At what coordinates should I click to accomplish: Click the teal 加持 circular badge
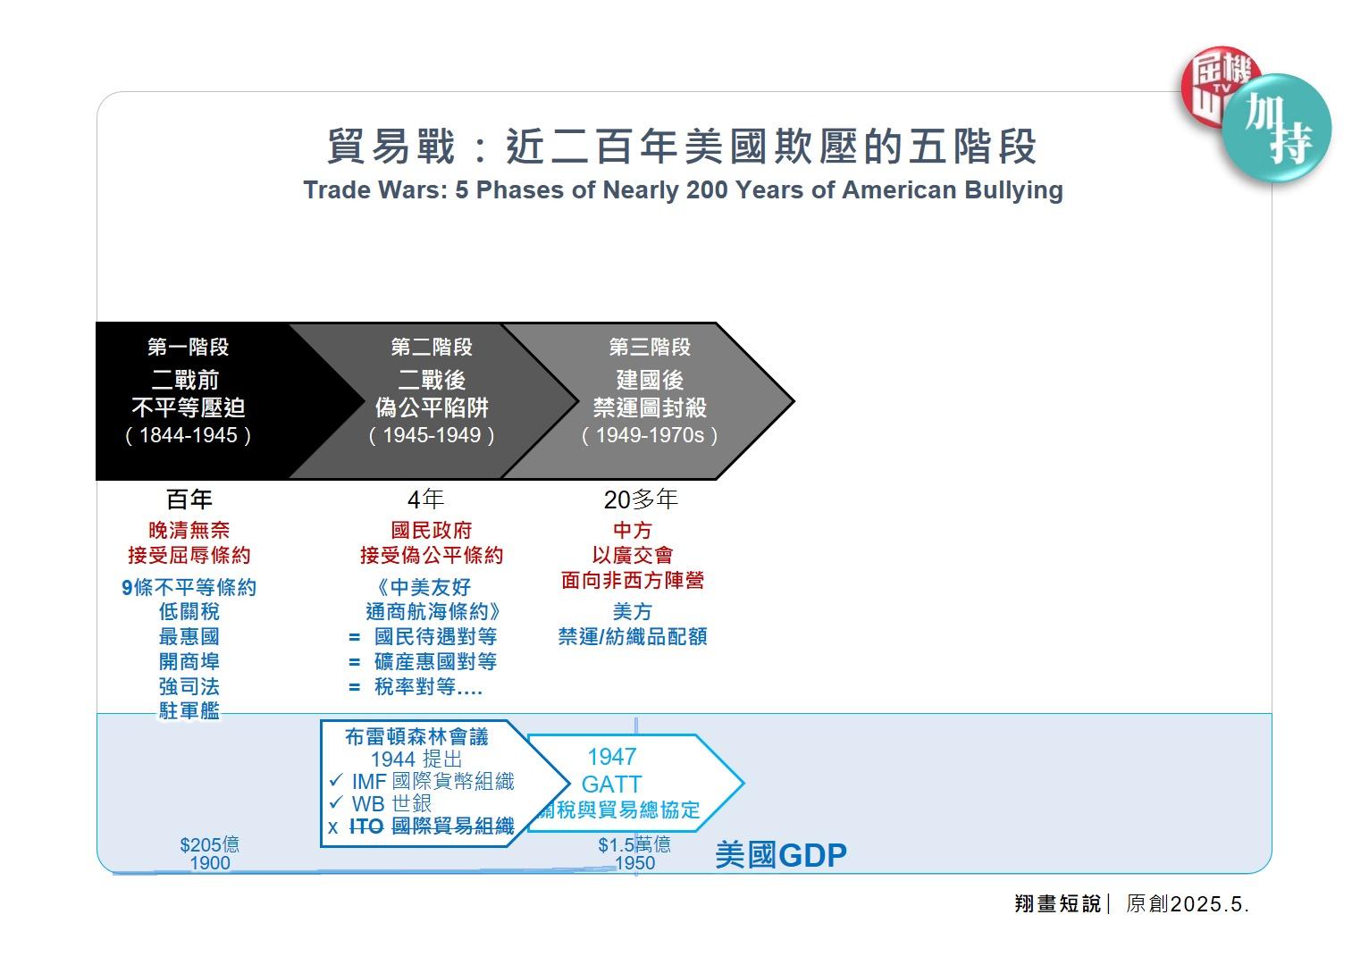(x=1277, y=129)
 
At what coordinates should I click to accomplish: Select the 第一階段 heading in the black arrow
(x=189, y=347)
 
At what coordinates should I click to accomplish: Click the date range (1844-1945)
(x=189, y=435)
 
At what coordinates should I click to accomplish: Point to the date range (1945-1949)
(x=432, y=435)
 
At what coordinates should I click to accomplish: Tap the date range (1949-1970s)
(x=650, y=435)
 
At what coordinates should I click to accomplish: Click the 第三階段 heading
(x=650, y=347)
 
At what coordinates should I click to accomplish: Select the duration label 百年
(x=189, y=499)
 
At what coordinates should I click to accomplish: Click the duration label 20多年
(x=641, y=499)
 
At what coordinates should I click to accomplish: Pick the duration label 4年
(x=425, y=499)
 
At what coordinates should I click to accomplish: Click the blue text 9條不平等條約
(x=189, y=587)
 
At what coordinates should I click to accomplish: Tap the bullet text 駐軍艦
(x=189, y=710)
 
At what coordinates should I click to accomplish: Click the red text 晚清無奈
(x=189, y=530)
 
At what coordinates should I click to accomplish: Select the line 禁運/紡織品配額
(x=633, y=636)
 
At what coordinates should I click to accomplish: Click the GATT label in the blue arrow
(x=612, y=785)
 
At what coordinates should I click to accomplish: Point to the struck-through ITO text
(x=366, y=827)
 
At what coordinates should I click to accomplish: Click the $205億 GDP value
(x=210, y=844)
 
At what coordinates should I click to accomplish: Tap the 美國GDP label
(x=781, y=855)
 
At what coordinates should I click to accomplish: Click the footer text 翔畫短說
(x=1057, y=903)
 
